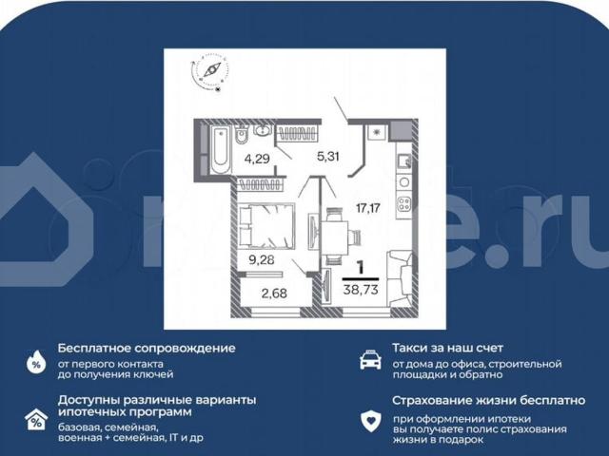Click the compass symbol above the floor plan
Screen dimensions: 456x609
coord(211,72)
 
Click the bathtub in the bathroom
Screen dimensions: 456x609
coord(218,148)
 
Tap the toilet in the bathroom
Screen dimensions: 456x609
coord(243,132)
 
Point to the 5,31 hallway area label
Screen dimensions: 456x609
coord(327,157)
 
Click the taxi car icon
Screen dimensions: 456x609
coord(369,359)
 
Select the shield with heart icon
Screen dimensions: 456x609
coord(369,419)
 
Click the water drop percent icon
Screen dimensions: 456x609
coord(36,360)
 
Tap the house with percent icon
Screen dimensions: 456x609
coord(36,419)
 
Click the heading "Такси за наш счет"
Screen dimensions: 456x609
coord(447,348)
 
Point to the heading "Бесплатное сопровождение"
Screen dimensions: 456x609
coord(146,348)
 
